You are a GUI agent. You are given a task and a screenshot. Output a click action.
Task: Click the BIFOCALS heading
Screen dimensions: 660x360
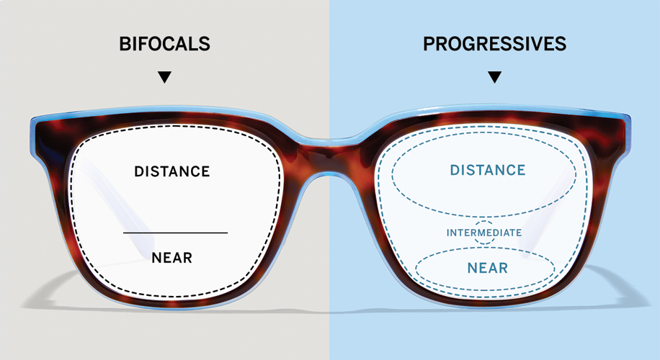(164, 44)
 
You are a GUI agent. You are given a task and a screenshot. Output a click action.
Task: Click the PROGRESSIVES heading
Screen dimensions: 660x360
(494, 44)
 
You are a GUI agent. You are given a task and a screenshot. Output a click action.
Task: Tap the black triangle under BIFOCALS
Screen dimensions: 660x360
(164, 77)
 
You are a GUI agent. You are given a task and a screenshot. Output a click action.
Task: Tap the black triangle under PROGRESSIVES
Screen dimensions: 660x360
(494, 77)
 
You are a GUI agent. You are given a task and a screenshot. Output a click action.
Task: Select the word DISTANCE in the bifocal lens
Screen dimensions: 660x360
(171, 171)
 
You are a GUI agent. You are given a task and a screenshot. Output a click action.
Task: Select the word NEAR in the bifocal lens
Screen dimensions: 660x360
(171, 257)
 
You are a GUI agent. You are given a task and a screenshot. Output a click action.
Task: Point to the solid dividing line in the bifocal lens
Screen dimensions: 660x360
(176, 233)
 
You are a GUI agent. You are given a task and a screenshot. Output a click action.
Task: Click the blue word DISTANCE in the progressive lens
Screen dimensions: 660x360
(488, 170)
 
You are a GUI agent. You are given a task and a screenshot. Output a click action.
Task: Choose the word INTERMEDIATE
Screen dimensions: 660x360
(484, 233)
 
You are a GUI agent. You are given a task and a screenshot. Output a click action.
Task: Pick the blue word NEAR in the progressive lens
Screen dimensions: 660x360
(487, 268)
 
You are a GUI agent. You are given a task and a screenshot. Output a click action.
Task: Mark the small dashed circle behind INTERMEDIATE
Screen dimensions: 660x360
(484, 222)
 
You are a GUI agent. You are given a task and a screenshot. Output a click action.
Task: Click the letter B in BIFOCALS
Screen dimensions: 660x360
(125, 44)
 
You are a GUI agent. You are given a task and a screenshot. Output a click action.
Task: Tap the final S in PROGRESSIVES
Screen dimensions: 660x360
(561, 44)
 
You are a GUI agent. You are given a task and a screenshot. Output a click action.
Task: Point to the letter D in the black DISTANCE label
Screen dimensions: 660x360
(140, 171)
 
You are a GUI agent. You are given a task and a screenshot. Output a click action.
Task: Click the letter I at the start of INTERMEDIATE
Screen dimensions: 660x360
(448, 233)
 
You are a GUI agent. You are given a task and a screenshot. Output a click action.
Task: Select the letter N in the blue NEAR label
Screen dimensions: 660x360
(472, 268)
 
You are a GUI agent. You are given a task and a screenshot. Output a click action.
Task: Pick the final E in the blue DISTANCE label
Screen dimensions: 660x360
(522, 170)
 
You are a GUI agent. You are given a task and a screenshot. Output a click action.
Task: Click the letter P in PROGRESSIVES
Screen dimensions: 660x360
(429, 44)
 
